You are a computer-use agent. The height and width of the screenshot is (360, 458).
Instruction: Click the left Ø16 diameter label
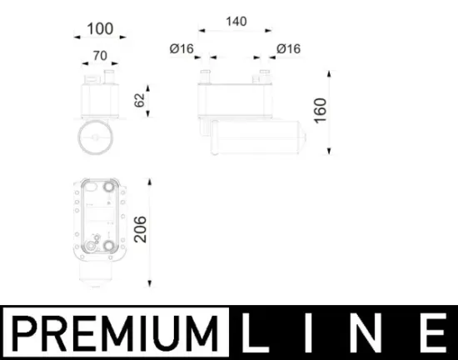(x=181, y=49)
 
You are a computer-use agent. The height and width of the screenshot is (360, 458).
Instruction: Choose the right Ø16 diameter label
(x=288, y=49)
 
